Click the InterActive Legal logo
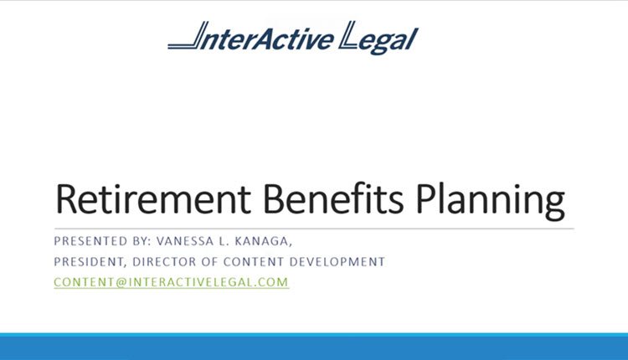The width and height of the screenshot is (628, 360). [293, 39]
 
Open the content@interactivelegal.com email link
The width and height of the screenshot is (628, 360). [171, 282]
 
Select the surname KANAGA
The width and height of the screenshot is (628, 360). [265, 241]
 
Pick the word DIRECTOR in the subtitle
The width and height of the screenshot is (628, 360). [167, 261]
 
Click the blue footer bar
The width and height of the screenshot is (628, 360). [314, 347]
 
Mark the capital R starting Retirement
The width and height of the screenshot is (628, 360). [66, 199]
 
